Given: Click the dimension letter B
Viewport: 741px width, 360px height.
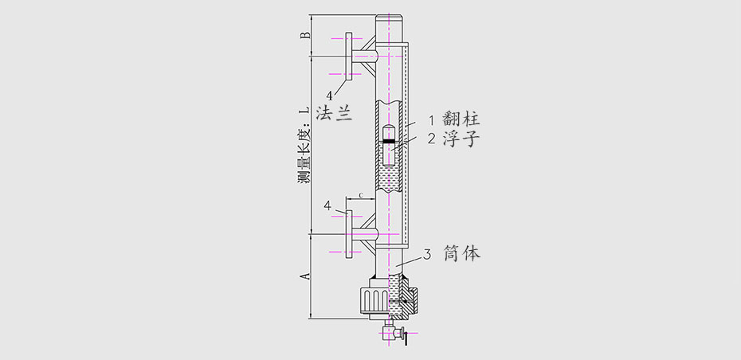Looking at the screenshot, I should coord(304,35).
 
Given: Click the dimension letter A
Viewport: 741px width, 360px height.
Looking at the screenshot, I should coord(304,276).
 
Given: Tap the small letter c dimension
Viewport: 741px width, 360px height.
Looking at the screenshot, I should coord(361,194).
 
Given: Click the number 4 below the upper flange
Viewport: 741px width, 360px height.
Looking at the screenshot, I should coord(328,95).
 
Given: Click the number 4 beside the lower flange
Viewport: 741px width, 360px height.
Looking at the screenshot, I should coord(327,205).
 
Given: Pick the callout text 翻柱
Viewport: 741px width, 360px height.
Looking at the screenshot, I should coord(461,120).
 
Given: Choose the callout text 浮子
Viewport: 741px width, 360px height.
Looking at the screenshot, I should coord(461,139).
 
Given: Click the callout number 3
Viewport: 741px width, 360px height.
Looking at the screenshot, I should coord(428,255).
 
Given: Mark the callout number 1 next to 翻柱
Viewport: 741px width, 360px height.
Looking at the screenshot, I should coord(431,120).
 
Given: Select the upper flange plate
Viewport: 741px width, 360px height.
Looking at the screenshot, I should coord(348,56).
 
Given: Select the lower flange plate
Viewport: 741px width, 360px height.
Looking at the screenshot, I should coord(348,235).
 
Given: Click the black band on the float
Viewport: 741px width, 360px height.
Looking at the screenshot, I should coord(388,141).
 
